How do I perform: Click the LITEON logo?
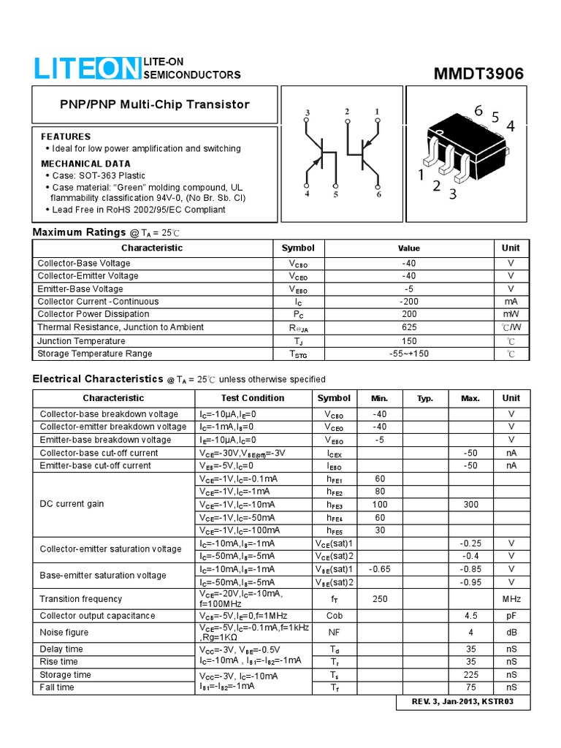point(86,69)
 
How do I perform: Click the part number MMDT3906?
point(478,74)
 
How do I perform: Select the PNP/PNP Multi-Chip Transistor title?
point(154,104)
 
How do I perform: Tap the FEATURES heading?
point(66,137)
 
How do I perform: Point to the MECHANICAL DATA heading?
point(85,164)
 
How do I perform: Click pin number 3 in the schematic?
point(308,112)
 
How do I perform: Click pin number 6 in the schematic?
point(378,194)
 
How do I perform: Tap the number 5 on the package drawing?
point(495,118)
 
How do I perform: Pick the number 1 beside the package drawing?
point(421,175)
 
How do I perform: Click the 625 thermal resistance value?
point(409,328)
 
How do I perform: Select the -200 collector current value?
point(409,302)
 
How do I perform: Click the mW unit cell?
point(511,315)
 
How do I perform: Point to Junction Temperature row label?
point(81,341)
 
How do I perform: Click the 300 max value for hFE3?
point(470,505)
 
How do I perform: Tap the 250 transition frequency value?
point(379,599)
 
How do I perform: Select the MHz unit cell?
point(511,599)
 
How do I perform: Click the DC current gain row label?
point(72,504)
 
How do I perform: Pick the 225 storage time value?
point(470,675)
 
